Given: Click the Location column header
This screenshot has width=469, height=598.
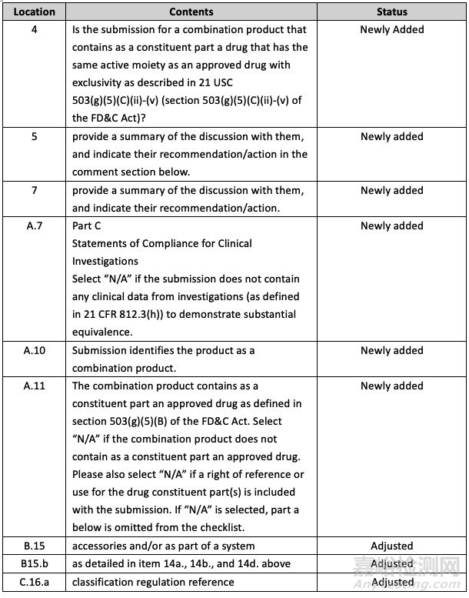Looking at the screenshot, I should coord(35,12).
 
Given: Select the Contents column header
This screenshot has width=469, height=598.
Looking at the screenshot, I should coord(191,12).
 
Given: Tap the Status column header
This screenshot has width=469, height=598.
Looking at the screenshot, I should coord(391,12).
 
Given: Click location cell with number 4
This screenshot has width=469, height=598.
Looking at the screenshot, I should coord(35,29).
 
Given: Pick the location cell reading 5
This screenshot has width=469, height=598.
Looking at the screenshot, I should coord(35,136).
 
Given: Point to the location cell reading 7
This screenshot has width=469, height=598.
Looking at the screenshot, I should coord(35,190).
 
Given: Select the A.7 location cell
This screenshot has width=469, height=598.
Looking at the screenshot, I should coord(35,226).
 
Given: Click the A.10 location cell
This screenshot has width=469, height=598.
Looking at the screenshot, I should coord(35,350).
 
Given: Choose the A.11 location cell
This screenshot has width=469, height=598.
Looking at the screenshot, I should coord(35,386).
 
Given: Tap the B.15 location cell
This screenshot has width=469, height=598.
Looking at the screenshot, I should coord(35,546).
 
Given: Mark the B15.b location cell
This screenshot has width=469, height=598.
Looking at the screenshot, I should coord(35,563).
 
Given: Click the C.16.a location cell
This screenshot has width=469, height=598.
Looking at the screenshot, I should coord(35,582).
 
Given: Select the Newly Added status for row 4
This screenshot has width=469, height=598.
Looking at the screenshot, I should coord(391,29).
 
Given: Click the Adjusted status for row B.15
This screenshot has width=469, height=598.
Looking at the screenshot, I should coord(391,546).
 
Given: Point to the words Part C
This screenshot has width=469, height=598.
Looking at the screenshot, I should coord(86,226).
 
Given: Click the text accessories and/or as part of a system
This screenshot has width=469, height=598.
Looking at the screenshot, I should coord(164,546).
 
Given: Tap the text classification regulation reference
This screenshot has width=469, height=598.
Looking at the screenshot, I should coord(153,582).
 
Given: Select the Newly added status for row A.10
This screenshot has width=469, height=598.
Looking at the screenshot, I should coord(391,350).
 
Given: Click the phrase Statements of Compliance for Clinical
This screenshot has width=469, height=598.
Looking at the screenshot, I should coord(162,243).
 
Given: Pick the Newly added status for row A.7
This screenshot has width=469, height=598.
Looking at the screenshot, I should coord(391,226).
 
